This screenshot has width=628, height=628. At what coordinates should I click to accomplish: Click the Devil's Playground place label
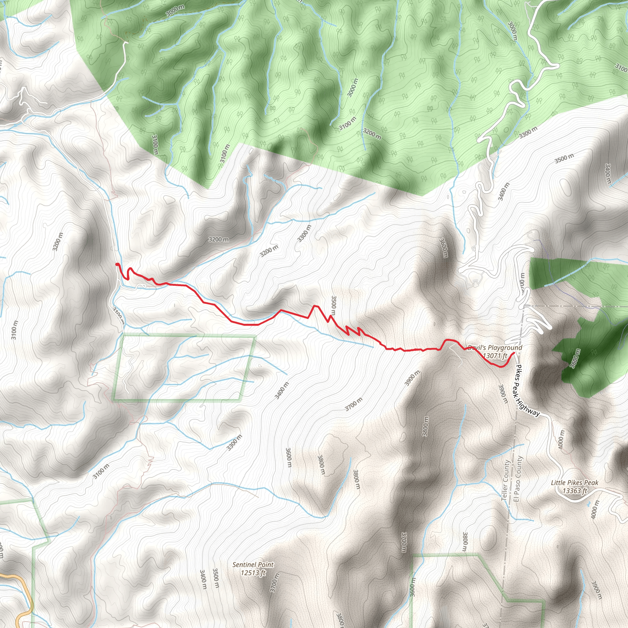pyautogui.click(x=495, y=347)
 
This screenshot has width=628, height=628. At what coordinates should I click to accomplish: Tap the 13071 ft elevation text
pyautogui.click(x=495, y=356)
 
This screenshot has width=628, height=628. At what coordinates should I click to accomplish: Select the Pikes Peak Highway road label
pyautogui.click(x=527, y=391)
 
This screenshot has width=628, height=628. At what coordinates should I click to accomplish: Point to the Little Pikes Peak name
pyautogui.click(x=574, y=483)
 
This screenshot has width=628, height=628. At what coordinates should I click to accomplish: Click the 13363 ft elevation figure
pyautogui.click(x=574, y=491)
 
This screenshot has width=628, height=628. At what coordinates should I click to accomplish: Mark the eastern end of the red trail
pyautogui.click(x=514, y=353)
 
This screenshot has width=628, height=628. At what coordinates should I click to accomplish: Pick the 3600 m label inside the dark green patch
pyautogui.click(x=575, y=358)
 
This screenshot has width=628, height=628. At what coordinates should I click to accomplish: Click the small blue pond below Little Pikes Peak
pyautogui.click(x=589, y=504)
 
